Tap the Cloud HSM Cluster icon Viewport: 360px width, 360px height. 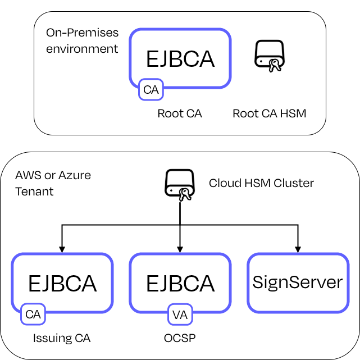pyautogui.click(x=179, y=184)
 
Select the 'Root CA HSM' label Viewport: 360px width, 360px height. pyautogui.click(x=270, y=113)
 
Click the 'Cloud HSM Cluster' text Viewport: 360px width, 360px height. pyautogui.click(x=261, y=183)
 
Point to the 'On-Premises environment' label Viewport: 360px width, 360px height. pyautogui.click(x=82, y=40)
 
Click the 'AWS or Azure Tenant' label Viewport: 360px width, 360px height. pyautogui.click(x=53, y=183)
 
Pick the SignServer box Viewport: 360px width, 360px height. pyautogui.click(x=298, y=282)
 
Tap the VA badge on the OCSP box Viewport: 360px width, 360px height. pyautogui.click(x=180, y=315)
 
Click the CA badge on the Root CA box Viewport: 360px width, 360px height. pyautogui.click(x=151, y=90)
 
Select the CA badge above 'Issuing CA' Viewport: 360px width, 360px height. pyautogui.click(x=33, y=315)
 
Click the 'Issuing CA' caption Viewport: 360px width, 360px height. pyautogui.click(x=62, y=338)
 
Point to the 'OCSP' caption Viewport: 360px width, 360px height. pyautogui.click(x=179, y=338)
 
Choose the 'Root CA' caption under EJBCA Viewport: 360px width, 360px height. pyautogui.click(x=180, y=113)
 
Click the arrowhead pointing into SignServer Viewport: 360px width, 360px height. pyautogui.click(x=298, y=249)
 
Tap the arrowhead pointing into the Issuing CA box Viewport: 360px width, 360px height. pyautogui.click(x=62, y=249)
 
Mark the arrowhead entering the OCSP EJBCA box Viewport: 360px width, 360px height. pyautogui.click(x=180, y=249)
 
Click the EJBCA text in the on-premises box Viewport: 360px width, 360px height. pyautogui.click(x=180, y=58)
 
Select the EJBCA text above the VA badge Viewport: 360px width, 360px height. pyautogui.click(x=180, y=283)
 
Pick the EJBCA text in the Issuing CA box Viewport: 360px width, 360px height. pyautogui.click(x=62, y=283)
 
